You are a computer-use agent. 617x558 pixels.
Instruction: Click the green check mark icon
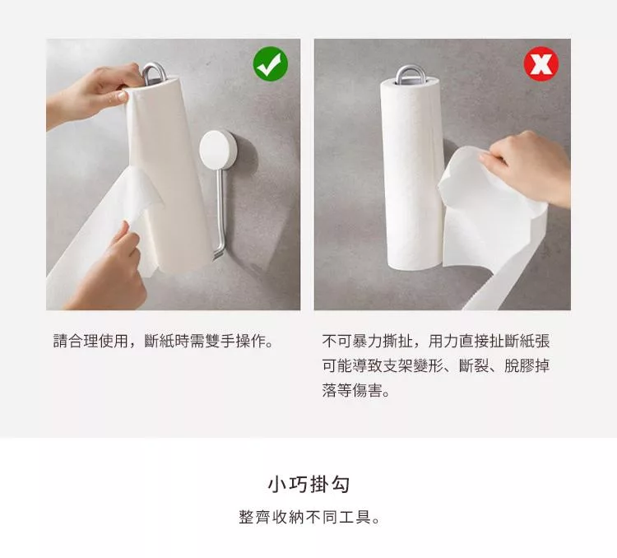click(x=271, y=64)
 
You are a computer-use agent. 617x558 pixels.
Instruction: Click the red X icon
click(x=541, y=64)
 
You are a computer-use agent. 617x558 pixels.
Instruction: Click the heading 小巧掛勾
click(x=308, y=484)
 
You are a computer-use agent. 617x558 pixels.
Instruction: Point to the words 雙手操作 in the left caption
click(x=235, y=341)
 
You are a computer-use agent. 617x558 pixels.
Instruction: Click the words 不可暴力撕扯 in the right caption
click(x=367, y=341)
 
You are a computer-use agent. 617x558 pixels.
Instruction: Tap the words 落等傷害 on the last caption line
click(x=352, y=391)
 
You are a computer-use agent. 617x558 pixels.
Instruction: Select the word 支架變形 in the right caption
click(x=413, y=366)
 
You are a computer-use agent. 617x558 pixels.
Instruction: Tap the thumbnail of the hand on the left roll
click(x=123, y=95)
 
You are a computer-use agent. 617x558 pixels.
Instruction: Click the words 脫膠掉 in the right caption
click(x=527, y=366)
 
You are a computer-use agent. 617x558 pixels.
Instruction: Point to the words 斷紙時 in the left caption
click(x=167, y=341)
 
